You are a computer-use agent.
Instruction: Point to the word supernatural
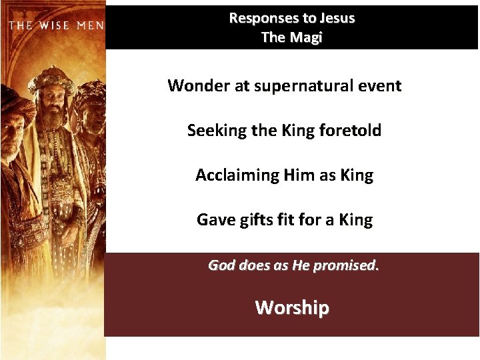[303, 85]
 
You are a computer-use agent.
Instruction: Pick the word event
[380, 85]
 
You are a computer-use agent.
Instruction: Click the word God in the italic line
[222, 265]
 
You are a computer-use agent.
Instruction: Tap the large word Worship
[292, 307]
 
